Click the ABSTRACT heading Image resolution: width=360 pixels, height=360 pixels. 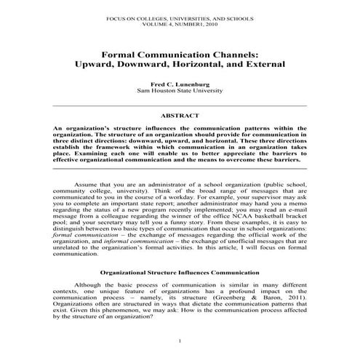click(180, 115)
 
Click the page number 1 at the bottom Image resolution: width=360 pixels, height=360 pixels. click(180, 341)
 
